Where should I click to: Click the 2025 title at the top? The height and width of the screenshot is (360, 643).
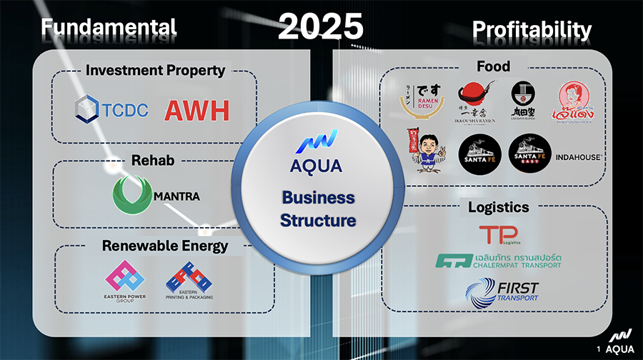tap(321, 26)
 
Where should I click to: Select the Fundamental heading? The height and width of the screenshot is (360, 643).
tap(108, 28)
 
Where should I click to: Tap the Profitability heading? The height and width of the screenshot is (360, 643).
tap(532, 29)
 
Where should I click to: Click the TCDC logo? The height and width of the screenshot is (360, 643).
tap(113, 109)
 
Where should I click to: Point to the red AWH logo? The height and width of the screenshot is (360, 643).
tap(197, 110)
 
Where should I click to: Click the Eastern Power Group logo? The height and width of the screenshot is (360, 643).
tap(126, 281)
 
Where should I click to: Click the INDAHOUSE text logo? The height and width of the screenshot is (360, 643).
tap(577, 157)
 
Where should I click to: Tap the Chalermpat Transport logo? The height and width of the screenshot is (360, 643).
tap(498, 261)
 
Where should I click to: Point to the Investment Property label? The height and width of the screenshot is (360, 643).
tap(155, 70)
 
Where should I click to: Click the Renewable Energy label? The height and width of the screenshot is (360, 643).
tap(164, 246)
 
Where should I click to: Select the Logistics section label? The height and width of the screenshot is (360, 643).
tap(498, 207)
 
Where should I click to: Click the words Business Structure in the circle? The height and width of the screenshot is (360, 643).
tap(317, 209)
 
